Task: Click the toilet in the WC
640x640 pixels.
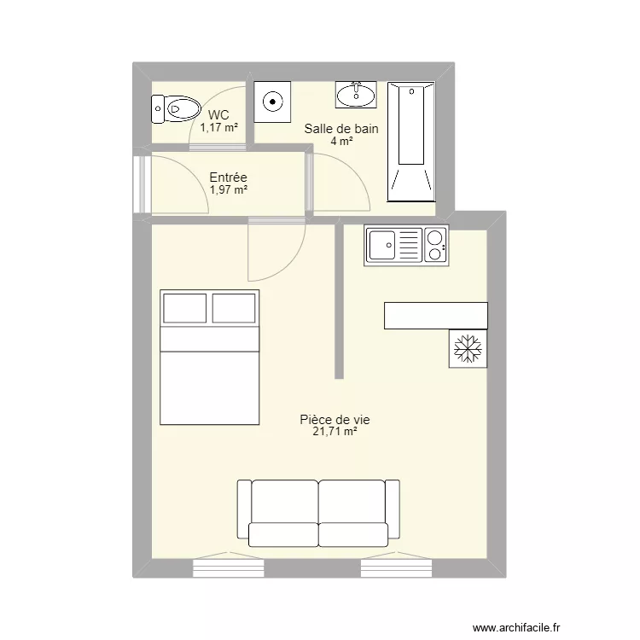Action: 175,108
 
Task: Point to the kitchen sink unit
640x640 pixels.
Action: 406,245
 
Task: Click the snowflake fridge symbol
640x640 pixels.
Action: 468,347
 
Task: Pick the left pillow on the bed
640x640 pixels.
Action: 185,308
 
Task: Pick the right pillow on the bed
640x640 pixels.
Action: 234,308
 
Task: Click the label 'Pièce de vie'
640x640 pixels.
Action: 334,420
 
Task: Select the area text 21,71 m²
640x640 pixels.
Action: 335,433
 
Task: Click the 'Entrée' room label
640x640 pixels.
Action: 228,177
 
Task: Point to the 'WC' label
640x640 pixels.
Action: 218,115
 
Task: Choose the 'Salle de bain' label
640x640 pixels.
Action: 341,130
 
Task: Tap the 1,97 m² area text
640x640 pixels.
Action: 229,189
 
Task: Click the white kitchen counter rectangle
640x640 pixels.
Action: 435,315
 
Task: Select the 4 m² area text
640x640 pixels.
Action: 341,142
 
